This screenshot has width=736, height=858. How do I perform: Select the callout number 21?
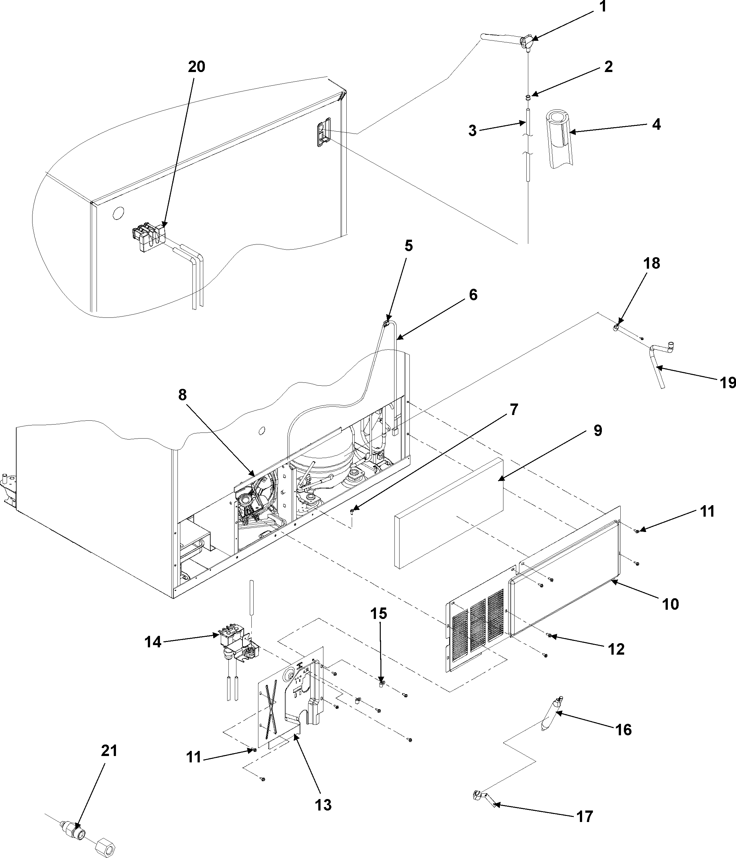(109, 750)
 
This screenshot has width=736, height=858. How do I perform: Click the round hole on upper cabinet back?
(118, 213)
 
